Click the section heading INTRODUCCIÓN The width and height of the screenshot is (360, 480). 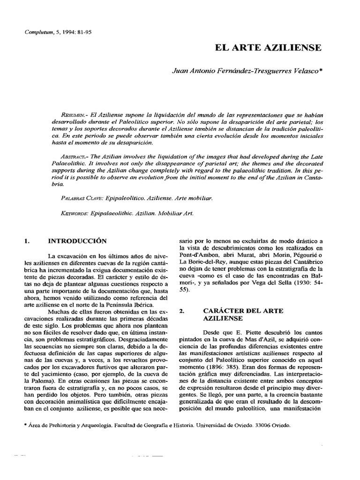[x=78, y=241]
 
